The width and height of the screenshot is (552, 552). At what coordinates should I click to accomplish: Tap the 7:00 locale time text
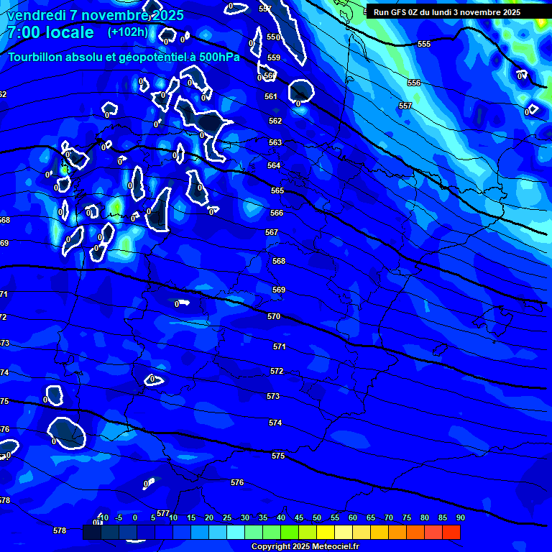[x=50, y=33]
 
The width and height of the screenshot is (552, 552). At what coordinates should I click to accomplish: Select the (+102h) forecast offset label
[x=128, y=32]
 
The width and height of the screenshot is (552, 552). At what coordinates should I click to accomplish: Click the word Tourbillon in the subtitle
[x=35, y=57]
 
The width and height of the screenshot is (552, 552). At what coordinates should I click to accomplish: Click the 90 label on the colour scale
[x=460, y=517]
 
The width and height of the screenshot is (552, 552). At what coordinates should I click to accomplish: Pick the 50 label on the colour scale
[x=316, y=517]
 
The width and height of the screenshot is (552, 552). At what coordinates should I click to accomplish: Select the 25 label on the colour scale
[x=226, y=517]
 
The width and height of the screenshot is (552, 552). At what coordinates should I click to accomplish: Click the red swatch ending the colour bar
[x=451, y=532]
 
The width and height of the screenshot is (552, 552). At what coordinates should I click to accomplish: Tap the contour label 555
[x=424, y=44]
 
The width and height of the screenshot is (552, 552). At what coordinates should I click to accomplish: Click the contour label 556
[x=414, y=83]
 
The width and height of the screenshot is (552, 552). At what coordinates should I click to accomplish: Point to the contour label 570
[x=274, y=316]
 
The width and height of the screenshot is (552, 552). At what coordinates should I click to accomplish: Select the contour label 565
[x=277, y=190]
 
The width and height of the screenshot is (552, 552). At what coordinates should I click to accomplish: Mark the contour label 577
[x=163, y=513]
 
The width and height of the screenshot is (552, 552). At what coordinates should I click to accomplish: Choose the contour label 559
[x=274, y=57]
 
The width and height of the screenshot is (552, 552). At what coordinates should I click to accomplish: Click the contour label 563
[x=275, y=142]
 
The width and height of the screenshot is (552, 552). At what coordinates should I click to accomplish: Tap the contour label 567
[x=272, y=232]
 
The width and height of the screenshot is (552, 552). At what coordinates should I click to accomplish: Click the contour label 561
[x=271, y=96]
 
